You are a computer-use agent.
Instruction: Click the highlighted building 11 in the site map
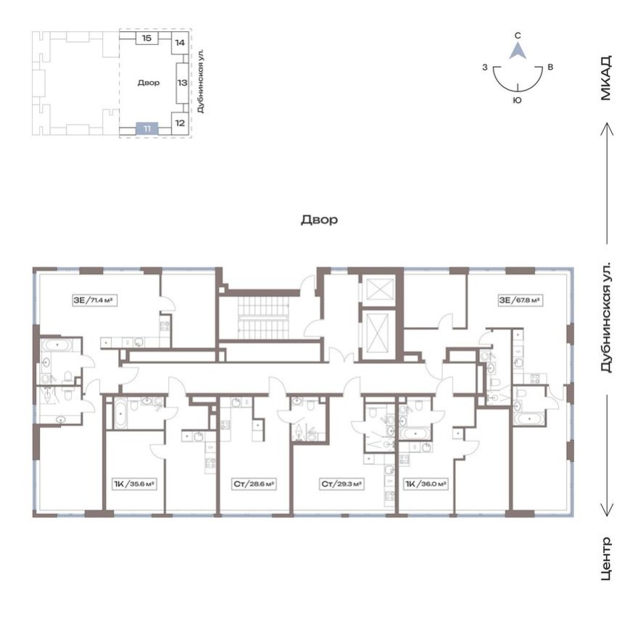click(147, 128)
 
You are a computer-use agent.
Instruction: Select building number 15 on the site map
click(146, 38)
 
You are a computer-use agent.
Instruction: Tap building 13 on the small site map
click(181, 82)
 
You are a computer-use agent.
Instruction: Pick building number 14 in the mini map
click(180, 43)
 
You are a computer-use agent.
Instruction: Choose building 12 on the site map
click(180, 122)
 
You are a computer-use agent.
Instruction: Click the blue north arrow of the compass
click(517, 50)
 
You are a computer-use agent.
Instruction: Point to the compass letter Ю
click(516, 101)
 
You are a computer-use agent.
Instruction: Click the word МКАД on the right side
click(606, 78)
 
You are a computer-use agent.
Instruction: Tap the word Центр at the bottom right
click(606, 559)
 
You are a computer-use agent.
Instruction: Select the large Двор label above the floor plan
click(319, 219)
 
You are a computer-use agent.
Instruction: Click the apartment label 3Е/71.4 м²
click(95, 299)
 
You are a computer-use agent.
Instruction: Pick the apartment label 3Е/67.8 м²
click(521, 299)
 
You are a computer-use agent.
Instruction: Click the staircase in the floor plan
click(260, 318)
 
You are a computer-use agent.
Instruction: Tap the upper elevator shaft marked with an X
click(379, 289)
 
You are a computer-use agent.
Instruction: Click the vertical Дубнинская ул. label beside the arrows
click(606, 317)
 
